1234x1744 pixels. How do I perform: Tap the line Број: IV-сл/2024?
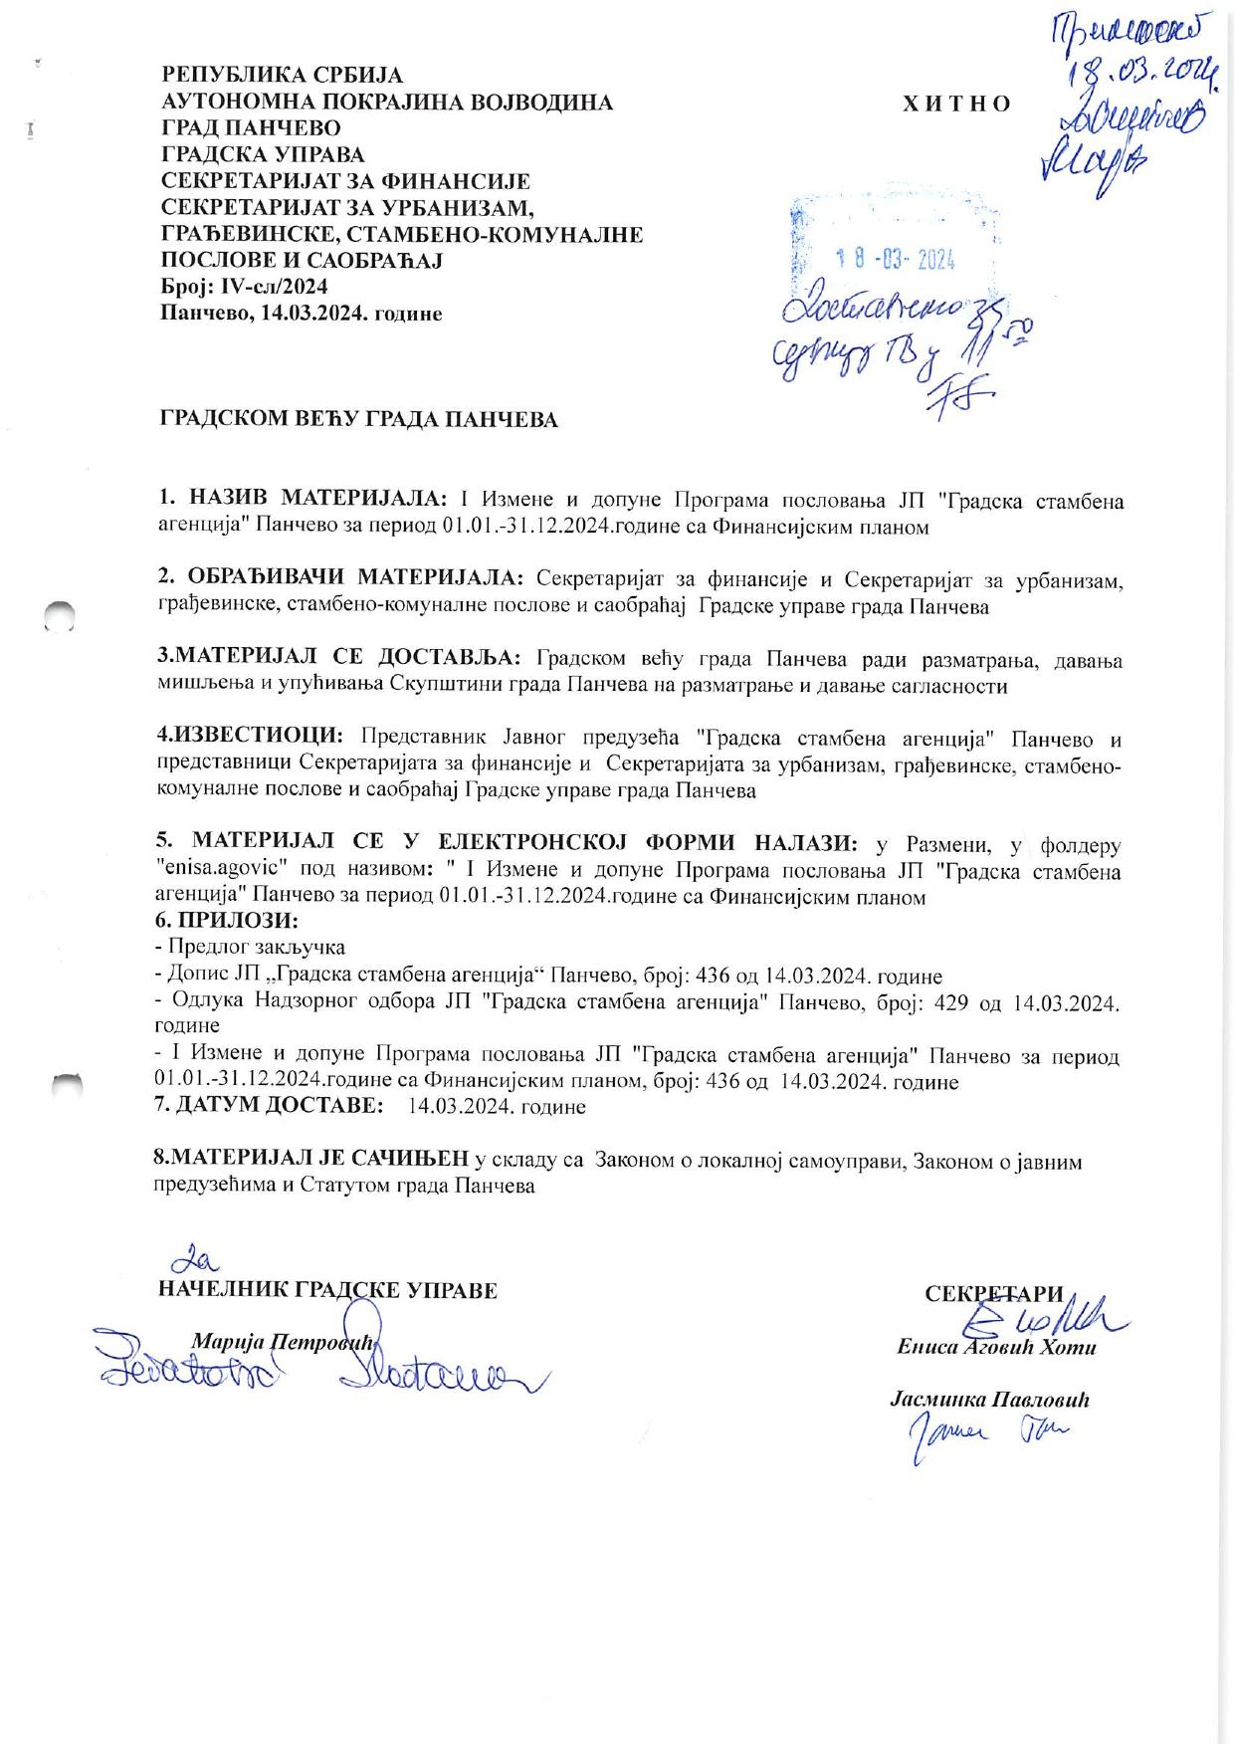[x=245, y=287]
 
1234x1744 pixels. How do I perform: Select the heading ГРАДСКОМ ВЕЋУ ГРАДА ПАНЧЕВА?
[x=359, y=420]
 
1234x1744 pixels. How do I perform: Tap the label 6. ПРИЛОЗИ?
[x=228, y=921]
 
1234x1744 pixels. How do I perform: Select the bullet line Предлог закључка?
[x=253, y=948]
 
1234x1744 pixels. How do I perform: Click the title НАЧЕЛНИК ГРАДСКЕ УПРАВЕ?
[x=327, y=1291]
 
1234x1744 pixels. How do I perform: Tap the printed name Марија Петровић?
[x=281, y=1341]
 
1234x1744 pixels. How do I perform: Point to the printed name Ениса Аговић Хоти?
[x=995, y=1348]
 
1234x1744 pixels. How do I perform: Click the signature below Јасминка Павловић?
[x=985, y=1436]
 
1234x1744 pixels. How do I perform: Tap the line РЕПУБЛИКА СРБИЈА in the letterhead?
[x=283, y=76]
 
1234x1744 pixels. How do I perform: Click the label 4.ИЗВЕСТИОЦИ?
[x=250, y=737]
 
